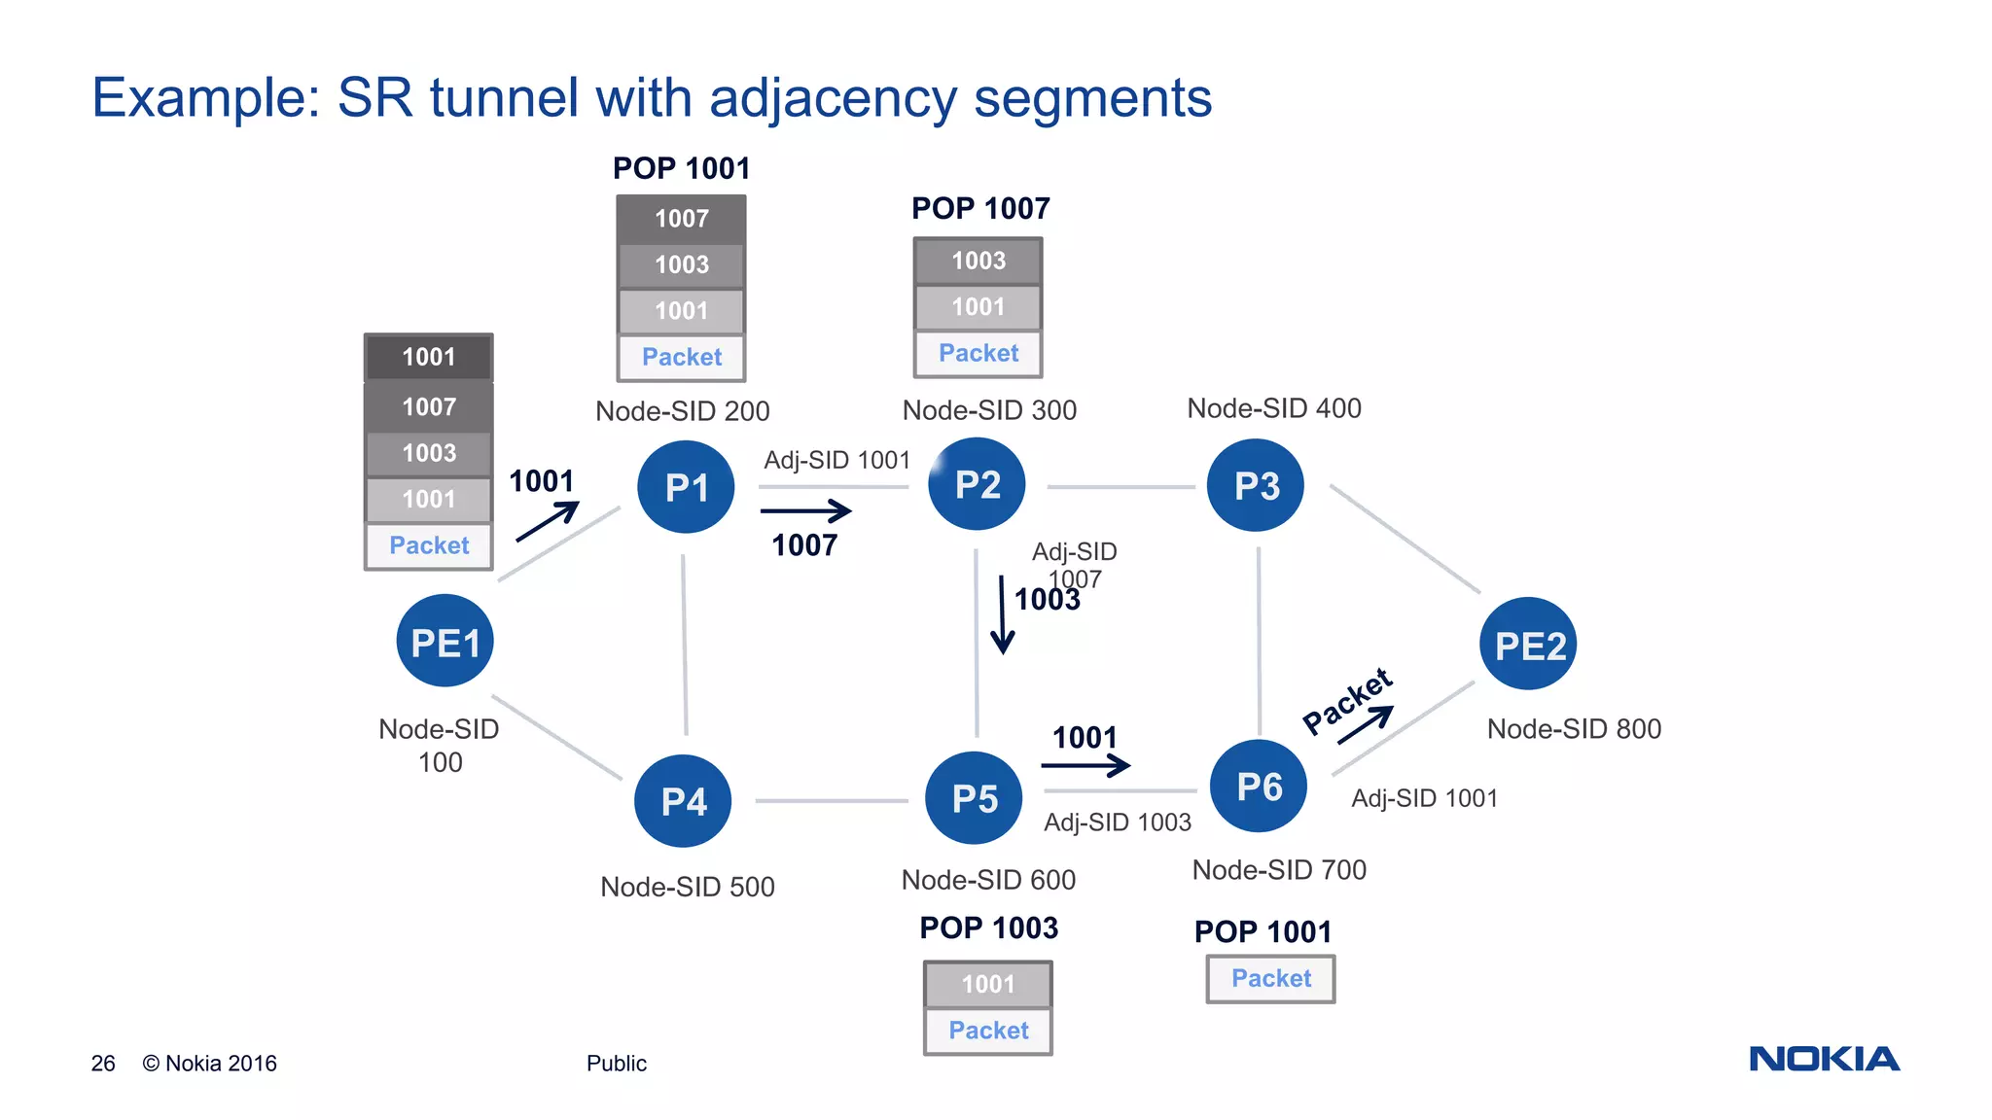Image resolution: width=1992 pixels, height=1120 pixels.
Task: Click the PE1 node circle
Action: point(445,642)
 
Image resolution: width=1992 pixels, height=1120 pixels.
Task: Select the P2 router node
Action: point(977,484)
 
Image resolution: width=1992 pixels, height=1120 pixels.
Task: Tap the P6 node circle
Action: point(1259,786)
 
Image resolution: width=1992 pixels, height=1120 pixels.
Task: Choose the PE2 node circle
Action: point(1528,645)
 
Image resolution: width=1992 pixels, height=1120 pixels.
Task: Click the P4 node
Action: point(683,801)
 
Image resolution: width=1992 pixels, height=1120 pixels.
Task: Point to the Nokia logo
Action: point(1824,1059)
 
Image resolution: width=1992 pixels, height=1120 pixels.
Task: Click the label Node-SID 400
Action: point(1273,408)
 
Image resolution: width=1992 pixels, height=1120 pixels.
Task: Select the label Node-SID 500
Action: point(687,887)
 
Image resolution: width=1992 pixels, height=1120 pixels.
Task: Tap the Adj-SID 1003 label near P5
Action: point(1117,822)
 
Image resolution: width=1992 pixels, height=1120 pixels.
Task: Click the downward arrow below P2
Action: point(1002,614)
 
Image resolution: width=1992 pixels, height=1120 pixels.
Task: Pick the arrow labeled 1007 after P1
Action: point(805,510)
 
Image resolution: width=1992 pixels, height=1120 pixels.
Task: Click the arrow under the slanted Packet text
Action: point(1366,724)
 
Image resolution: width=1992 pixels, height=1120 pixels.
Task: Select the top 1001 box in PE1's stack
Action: point(429,357)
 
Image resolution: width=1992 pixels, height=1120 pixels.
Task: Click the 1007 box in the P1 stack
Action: point(681,219)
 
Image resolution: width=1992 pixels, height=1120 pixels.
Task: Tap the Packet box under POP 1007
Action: point(978,353)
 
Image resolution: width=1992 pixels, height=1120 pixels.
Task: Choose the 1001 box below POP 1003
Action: point(987,984)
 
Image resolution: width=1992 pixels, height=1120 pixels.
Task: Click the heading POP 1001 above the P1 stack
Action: point(681,168)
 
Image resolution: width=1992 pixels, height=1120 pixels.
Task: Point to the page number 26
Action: point(103,1064)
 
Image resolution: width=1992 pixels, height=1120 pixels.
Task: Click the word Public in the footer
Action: point(616,1064)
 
